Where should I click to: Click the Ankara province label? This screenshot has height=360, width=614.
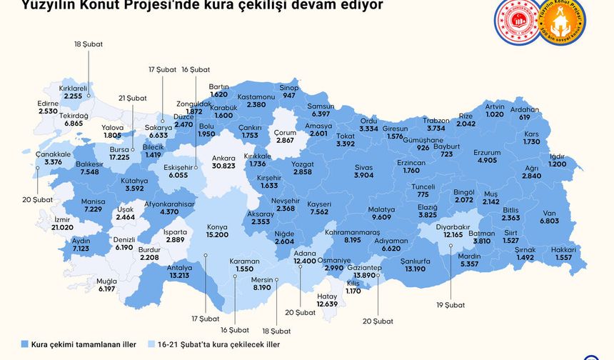pyautogui.click(x=223, y=157)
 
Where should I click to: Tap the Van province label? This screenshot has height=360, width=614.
pyautogui.click(x=549, y=213)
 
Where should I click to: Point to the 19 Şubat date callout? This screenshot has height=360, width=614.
pyautogui.click(x=450, y=304)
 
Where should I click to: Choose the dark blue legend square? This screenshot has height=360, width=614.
pyautogui.click(x=26, y=342)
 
